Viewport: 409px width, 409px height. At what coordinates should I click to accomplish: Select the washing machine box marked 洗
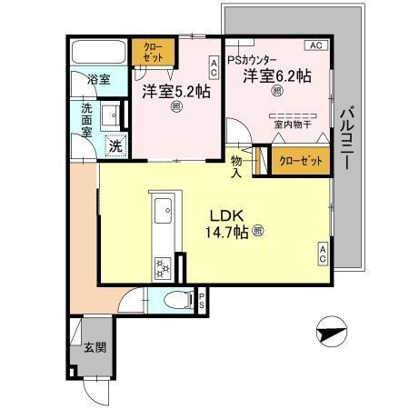(x=115, y=145)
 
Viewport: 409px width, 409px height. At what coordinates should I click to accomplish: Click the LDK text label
(x=227, y=215)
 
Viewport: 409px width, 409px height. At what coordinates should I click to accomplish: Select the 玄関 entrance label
(x=95, y=346)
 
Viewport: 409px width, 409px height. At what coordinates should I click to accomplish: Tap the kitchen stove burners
(x=162, y=266)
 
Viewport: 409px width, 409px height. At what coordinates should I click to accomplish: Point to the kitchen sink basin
(x=165, y=215)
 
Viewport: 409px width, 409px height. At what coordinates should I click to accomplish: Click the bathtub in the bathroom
(x=99, y=52)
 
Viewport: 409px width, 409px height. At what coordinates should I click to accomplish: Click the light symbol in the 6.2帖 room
(x=276, y=91)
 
